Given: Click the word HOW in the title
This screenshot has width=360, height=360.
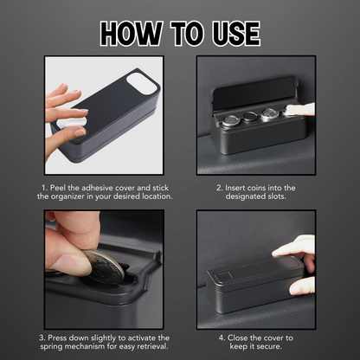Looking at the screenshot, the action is pos(131,34).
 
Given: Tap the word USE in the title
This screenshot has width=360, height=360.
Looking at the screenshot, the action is pos(236,34).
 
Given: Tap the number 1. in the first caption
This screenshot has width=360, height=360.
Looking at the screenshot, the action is pos(44,188).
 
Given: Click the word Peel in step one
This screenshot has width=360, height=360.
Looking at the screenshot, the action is pos(58,188).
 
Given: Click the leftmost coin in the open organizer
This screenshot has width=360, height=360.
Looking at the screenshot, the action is pos(230,119).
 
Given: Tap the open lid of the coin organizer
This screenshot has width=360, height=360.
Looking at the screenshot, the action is pos(254,93).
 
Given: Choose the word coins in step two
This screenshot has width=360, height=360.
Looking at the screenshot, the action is pos(256,188).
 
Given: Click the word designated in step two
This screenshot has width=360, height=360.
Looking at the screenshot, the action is pos(244,196).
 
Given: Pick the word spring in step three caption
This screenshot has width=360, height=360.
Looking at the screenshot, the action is pos(52,346).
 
